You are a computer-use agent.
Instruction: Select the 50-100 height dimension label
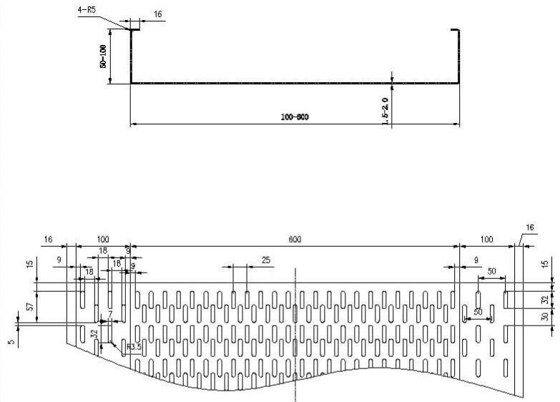pos(104,57)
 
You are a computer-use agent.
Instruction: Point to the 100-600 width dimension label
pos(295,116)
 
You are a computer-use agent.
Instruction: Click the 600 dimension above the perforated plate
pos(295,241)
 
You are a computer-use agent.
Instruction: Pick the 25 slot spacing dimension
pos(266,260)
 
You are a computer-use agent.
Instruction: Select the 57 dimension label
pos(30,307)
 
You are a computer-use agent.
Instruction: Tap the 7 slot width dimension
pos(111,315)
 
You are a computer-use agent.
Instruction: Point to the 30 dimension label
pos(545,316)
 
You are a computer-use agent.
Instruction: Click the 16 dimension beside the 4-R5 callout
pos(158,14)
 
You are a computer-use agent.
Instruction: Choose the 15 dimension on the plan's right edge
pos(545,265)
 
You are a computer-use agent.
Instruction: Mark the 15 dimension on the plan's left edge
pos(30,265)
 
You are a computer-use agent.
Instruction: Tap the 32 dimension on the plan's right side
pos(545,299)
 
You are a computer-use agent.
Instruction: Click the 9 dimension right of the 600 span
pos(476,260)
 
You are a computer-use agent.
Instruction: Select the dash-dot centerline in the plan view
pos(295,336)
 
